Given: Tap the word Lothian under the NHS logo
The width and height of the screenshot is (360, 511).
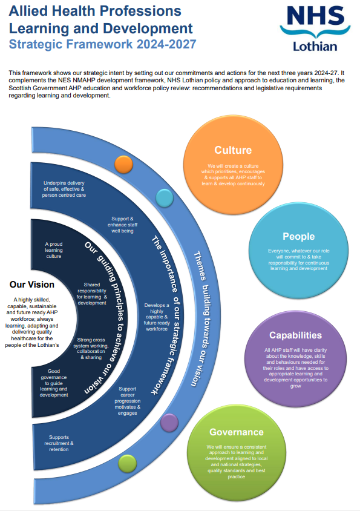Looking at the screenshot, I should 315,46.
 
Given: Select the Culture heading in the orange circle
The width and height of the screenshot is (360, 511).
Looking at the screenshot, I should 233,150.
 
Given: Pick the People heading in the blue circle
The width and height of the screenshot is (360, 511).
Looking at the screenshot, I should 299,236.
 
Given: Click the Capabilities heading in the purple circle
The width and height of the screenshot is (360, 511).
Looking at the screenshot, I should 295,335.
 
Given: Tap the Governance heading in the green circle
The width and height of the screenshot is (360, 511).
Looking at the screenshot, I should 236,432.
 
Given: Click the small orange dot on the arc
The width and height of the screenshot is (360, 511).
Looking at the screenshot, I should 123,164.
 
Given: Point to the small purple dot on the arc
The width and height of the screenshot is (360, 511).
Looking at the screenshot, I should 169,421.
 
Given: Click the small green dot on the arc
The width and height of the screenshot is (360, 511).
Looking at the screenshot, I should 128,463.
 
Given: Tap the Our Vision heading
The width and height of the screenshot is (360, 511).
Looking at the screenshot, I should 32,284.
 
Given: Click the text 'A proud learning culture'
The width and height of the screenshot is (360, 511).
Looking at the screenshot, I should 54,250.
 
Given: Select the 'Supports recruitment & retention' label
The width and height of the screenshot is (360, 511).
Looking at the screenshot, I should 61,443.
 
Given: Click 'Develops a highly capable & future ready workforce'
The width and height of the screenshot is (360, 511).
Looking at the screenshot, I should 156,317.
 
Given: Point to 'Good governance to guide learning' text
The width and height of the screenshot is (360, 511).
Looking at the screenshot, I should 54,381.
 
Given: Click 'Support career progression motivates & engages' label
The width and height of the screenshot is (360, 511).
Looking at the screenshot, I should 128,401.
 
